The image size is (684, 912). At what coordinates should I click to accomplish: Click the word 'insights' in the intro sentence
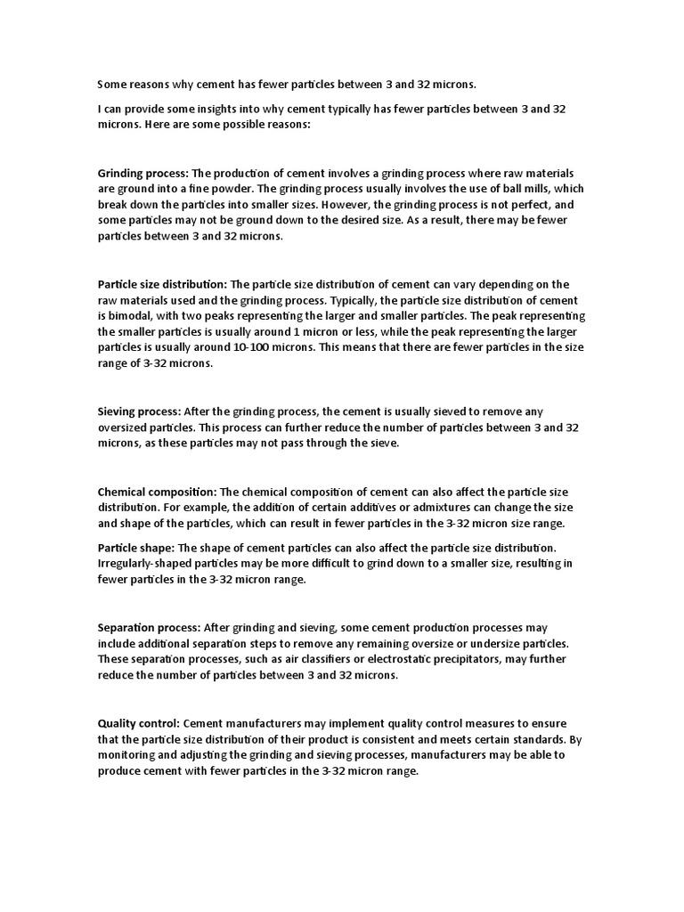[228, 109]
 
